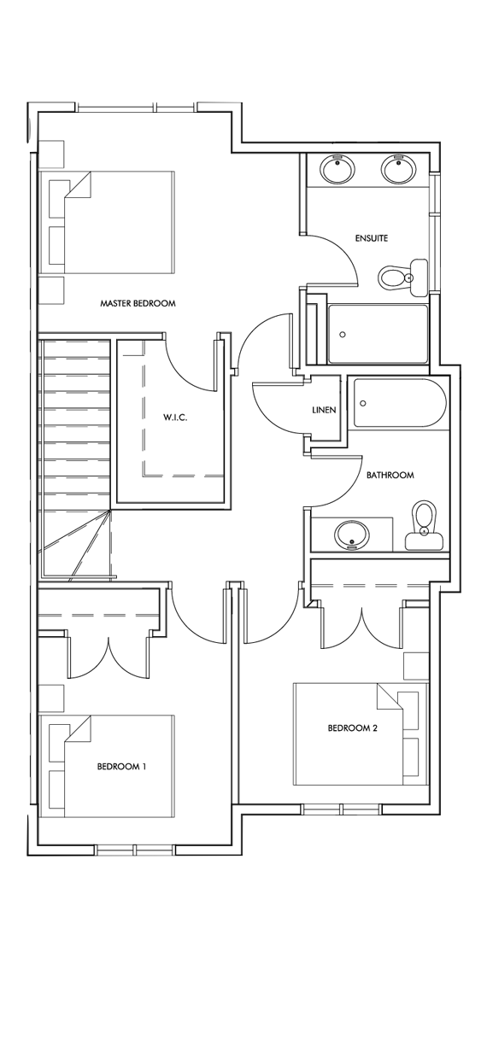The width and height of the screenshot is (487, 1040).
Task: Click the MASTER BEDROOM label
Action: point(138,303)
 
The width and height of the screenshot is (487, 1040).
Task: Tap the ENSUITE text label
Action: point(371,238)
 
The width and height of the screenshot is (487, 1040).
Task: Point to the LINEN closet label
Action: point(324,410)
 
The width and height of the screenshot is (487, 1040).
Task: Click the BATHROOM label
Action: point(390,475)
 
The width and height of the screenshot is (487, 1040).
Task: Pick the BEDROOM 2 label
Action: point(352,728)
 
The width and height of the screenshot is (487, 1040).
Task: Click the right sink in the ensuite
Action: point(397,170)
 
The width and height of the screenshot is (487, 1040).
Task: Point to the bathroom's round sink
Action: point(350,536)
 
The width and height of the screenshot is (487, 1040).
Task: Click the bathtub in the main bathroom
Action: point(400,403)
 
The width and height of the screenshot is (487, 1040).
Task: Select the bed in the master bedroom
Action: point(111,222)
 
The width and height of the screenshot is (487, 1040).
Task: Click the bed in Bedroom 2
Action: point(360,733)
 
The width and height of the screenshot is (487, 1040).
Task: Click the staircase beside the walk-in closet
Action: point(75,444)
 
